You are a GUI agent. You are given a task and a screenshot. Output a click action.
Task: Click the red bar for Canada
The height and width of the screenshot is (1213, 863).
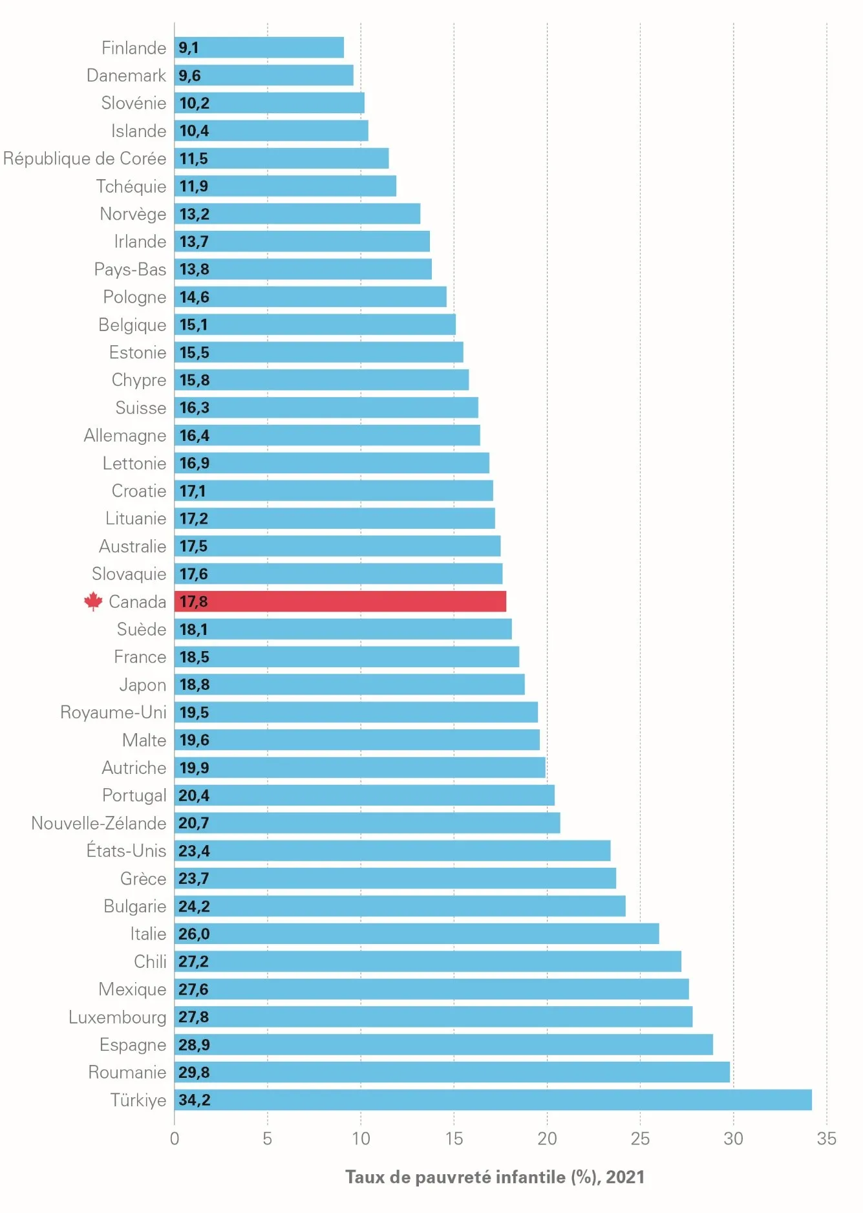tap(340, 601)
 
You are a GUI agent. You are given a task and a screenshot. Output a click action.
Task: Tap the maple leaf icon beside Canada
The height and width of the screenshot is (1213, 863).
tap(93, 601)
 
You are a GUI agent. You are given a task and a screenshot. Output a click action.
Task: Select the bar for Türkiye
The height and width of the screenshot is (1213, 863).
tap(493, 1100)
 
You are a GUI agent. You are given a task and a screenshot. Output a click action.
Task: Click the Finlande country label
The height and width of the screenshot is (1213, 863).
tap(134, 48)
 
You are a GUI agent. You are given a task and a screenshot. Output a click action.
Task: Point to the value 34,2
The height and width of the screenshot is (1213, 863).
tap(195, 1100)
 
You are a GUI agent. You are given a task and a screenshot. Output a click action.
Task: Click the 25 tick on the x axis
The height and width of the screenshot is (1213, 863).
tap(640, 1139)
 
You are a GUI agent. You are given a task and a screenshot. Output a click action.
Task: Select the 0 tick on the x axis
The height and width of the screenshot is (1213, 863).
tap(175, 1139)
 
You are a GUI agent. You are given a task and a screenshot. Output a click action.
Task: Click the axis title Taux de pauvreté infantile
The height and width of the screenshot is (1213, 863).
tap(495, 1177)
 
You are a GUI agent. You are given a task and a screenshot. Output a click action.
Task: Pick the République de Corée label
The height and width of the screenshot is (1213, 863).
tap(85, 158)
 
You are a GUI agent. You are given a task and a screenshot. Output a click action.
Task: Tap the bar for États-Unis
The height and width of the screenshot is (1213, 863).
tap(392, 851)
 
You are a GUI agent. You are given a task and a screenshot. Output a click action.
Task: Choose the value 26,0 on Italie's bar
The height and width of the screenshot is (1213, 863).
tap(194, 934)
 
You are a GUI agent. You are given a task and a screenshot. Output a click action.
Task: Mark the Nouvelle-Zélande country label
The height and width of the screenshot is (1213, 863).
tap(99, 823)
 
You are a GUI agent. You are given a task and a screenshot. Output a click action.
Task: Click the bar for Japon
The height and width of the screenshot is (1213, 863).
tap(349, 685)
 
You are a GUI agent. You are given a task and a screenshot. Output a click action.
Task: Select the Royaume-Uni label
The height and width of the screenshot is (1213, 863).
tap(113, 713)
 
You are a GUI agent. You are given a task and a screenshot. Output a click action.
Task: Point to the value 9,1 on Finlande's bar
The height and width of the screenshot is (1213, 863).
tap(189, 48)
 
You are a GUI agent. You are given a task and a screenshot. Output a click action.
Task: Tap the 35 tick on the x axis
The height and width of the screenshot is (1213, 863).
tap(826, 1139)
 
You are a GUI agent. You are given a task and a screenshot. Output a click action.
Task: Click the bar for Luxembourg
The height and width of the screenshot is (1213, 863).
tap(433, 1017)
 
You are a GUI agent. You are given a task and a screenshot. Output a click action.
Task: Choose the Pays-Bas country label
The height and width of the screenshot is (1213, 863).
tap(130, 269)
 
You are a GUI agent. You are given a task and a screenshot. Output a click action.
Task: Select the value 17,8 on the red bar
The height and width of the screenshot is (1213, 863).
tap(193, 602)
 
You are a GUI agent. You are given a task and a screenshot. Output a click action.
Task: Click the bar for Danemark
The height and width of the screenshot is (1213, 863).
tap(264, 76)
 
